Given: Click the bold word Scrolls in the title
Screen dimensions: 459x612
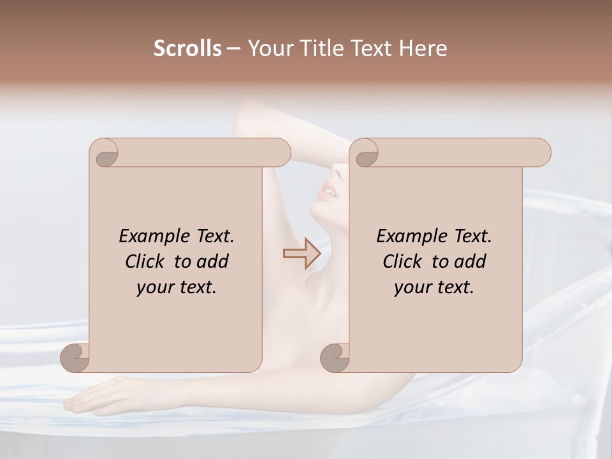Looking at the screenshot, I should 187,48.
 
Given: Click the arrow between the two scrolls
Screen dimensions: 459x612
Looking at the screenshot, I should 302,254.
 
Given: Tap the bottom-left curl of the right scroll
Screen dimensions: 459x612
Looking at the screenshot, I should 335,358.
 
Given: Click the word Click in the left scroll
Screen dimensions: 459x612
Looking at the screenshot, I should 146,261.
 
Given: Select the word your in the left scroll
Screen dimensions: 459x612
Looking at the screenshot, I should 154,288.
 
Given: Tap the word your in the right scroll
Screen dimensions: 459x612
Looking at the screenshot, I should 411,288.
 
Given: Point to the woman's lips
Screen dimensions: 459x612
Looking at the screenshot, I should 329,190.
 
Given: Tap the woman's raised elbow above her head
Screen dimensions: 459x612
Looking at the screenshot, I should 245,115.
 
